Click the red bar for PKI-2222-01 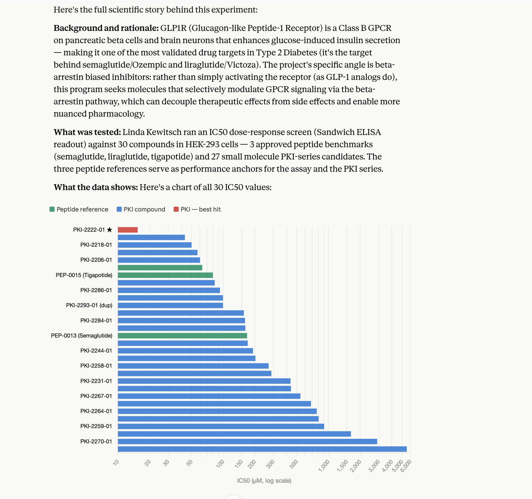coord(128,230)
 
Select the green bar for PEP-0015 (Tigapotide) coord(165,275)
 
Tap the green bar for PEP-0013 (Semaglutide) coord(183,336)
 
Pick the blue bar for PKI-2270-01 coord(248,442)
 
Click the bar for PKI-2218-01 coord(155,245)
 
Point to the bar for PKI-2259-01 coord(221,426)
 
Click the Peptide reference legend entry coord(79,209)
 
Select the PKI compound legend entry coord(141,209)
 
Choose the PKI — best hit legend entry coord(197,209)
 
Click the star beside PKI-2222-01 coord(110,230)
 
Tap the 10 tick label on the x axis coord(116,462)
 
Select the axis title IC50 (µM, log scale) coord(264,481)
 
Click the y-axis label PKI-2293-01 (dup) coord(89,305)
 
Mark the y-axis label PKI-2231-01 coord(96,381)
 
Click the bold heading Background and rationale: coord(106,28)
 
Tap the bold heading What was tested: coord(88,132)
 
